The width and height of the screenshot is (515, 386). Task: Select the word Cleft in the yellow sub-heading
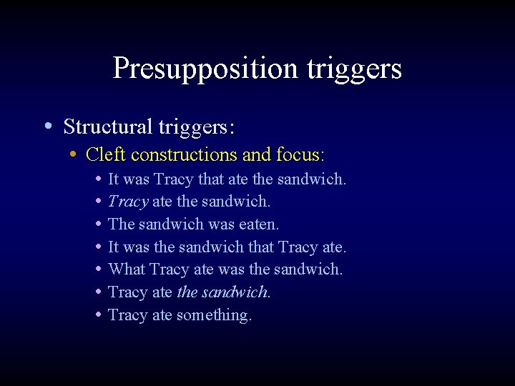pyautogui.click(x=106, y=154)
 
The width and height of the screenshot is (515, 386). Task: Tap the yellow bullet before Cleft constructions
pyautogui.click(x=74, y=154)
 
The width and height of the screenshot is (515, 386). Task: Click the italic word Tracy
pyautogui.click(x=128, y=202)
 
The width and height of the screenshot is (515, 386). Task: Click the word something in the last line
pyautogui.click(x=214, y=315)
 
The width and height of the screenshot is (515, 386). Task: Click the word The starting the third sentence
pyautogui.click(x=122, y=224)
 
